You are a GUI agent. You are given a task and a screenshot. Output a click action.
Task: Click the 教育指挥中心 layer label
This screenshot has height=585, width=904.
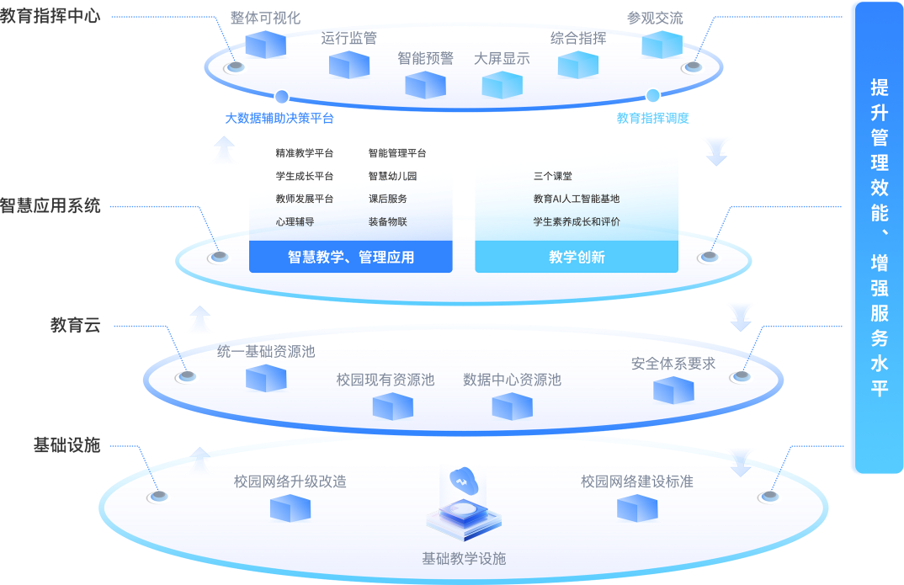pyautogui.click(x=51, y=16)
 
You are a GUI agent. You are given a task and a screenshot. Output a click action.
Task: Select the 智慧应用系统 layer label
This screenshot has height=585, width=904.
pyautogui.click(x=51, y=205)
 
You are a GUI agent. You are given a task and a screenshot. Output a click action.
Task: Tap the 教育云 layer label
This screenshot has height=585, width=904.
pyautogui.click(x=75, y=325)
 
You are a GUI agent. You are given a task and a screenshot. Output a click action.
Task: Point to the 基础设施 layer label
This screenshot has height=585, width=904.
pyautogui.click(x=66, y=444)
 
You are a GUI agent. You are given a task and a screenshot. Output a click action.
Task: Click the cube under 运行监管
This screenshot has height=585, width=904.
pyautogui.click(x=349, y=64)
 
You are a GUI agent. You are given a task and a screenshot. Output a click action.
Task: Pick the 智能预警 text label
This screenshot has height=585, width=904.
pyautogui.click(x=425, y=58)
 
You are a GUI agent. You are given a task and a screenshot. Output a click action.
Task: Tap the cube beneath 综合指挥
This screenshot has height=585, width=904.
pyautogui.click(x=577, y=65)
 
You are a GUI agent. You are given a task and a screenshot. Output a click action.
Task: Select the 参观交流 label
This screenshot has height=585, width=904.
pyautogui.click(x=655, y=18)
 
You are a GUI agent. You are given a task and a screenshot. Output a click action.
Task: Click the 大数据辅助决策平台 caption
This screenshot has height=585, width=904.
pyautogui.click(x=279, y=119)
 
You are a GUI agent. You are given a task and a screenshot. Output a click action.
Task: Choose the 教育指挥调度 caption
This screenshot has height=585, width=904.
pyautogui.click(x=652, y=119)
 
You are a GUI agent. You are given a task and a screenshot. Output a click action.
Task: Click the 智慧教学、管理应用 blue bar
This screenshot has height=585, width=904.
pyautogui.click(x=351, y=258)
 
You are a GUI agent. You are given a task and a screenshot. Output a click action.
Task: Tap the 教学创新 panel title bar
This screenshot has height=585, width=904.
pyautogui.click(x=577, y=258)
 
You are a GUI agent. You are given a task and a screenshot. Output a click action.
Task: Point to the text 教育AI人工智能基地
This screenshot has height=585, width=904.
pyautogui.click(x=577, y=199)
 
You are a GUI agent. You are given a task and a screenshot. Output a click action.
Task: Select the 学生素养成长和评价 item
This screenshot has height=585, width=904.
pyautogui.click(x=577, y=222)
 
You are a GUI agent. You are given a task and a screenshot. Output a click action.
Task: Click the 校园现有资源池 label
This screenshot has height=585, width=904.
pyautogui.click(x=386, y=380)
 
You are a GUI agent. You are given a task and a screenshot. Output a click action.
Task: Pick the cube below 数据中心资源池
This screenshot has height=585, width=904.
pyautogui.click(x=512, y=407)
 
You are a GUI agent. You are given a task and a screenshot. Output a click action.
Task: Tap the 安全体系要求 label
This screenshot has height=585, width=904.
pyautogui.click(x=673, y=364)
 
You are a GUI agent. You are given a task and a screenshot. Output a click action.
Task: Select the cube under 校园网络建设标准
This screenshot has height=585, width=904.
pyautogui.click(x=637, y=508)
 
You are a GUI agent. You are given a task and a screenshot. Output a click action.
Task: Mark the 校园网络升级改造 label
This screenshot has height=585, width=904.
pyautogui.click(x=290, y=482)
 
